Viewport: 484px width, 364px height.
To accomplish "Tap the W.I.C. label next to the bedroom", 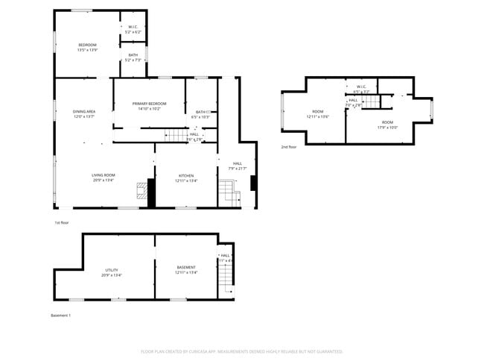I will pyautogui.click(x=133, y=28).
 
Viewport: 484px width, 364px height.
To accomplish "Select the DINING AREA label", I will pyautogui.click(x=83, y=112).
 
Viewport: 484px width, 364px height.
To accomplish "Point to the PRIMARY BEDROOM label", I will pyautogui.click(x=149, y=104).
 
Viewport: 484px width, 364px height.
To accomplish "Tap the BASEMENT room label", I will pyautogui.click(x=186, y=267).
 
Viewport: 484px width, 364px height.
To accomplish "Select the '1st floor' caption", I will pyautogui.click(x=62, y=223).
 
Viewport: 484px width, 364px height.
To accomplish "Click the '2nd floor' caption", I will pyautogui.click(x=289, y=147).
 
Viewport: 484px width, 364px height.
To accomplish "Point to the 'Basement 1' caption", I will pyautogui.click(x=60, y=316).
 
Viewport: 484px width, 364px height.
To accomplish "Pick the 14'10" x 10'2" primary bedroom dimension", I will pyautogui.click(x=149, y=109).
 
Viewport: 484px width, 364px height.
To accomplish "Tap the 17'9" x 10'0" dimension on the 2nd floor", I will pyautogui.click(x=388, y=127).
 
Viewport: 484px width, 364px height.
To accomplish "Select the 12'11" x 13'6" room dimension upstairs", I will pyautogui.click(x=318, y=117).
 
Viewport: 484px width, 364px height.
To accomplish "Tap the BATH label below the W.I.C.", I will pyautogui.click(x=133, y=54).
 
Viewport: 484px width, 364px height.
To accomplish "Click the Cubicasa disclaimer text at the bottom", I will pyautogui.click(x=241, y=351).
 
